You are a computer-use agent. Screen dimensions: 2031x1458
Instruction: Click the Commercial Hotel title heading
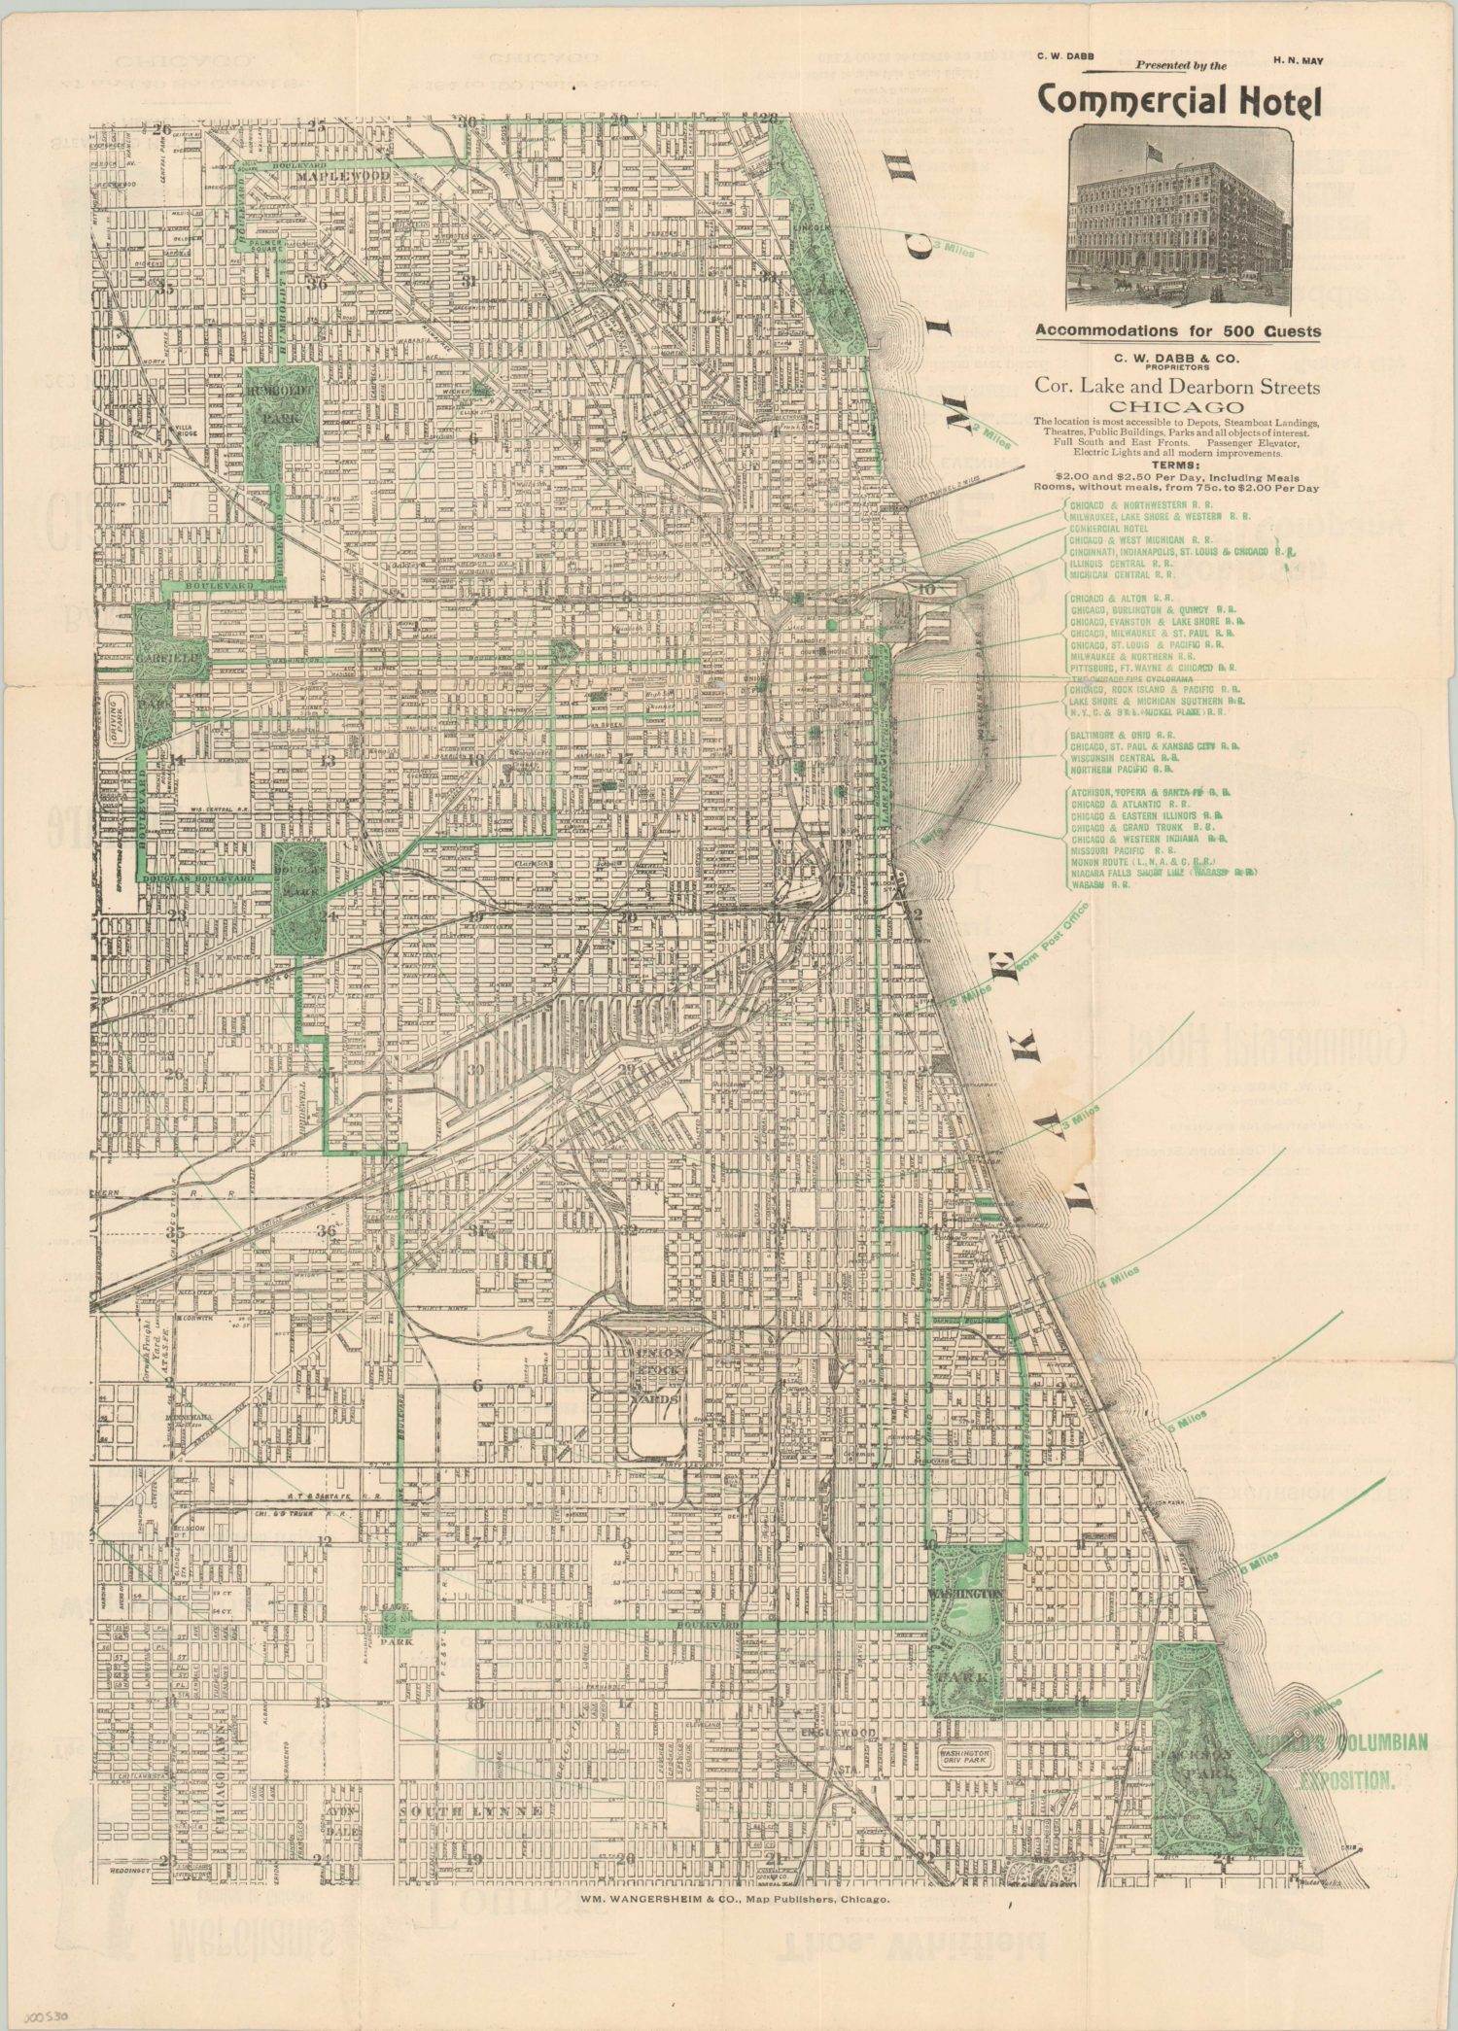tap(1179, 101)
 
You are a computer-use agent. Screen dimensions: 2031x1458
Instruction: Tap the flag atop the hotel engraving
tap(1155, 152)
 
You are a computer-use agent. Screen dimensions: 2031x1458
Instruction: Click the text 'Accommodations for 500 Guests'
tap(1178, 330)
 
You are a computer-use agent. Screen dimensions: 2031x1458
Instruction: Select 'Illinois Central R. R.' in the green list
tap(1121, 563)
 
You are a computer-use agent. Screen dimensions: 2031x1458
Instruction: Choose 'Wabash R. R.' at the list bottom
tap(1100, 885)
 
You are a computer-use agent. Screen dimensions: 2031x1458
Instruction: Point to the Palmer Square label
tap(266, 245)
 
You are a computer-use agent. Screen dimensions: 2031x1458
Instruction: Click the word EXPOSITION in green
tap(1345, 1783)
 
